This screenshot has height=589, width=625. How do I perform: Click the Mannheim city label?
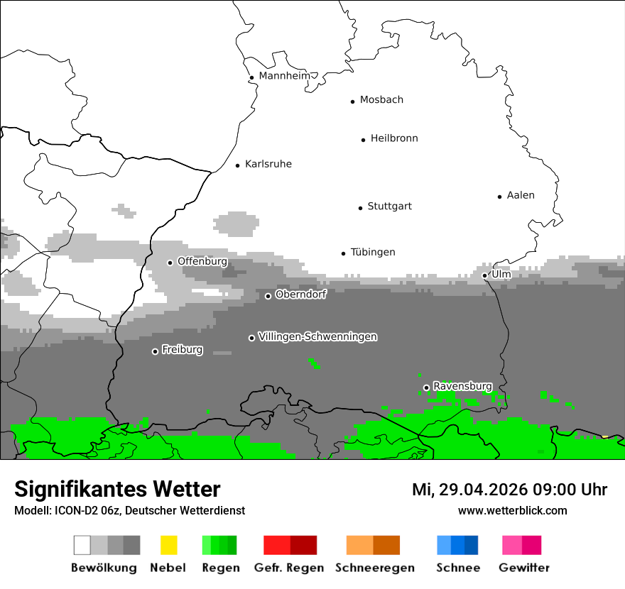(285, 76)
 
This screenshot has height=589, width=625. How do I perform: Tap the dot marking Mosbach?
(352, 101)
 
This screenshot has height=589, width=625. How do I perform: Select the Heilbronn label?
(394, 138)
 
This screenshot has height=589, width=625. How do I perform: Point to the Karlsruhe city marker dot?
(238, 165)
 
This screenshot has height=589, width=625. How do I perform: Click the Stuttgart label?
(389, 207)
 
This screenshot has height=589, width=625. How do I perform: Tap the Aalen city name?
(521, 195)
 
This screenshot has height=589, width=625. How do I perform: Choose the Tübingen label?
(373, 253)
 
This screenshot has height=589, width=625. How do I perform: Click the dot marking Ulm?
(484, 275)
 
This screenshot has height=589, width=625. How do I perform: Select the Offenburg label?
(202, 261)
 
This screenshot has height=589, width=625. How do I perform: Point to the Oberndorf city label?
(300, 294)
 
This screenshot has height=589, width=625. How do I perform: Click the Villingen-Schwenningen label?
(317, 336)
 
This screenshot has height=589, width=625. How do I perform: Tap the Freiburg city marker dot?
(155, 351)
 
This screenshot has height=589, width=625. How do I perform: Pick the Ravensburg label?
(462, 386)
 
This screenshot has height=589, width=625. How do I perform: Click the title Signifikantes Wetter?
(117, 489)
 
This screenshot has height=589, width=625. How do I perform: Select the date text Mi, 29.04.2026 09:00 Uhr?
(509, 490)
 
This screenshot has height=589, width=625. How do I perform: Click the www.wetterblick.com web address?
(512, 510)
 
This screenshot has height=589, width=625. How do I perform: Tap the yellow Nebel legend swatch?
(168, 545)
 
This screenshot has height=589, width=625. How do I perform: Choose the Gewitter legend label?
(524, 568)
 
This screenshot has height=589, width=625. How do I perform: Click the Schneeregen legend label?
(375, 568)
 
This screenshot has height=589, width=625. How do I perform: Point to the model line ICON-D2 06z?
(129, 510)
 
